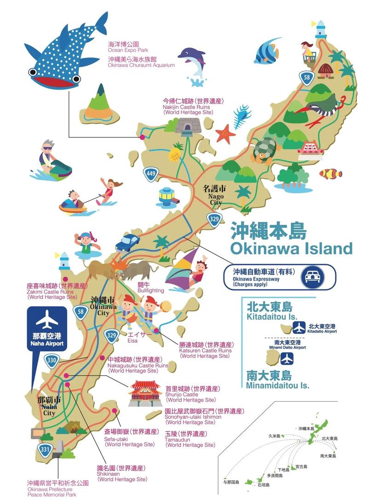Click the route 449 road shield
tap(150, 173)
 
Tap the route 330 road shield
tap(52, 360)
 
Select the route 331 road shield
tap(45, 449)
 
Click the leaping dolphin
tap(193, 62)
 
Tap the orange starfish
tap(225, 133)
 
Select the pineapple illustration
tap(175, 154)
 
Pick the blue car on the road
tap(128, 242)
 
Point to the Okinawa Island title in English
tap(291, 249)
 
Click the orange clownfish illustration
tap(331, 173)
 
